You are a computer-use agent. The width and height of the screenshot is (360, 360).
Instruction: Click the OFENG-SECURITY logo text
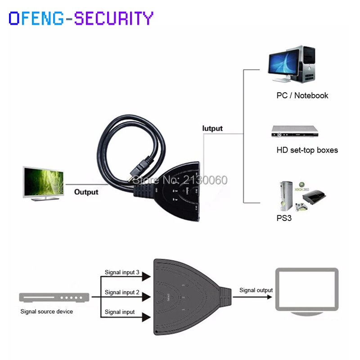tap(81, 18)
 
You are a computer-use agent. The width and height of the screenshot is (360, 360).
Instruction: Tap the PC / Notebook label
tap(302, 95)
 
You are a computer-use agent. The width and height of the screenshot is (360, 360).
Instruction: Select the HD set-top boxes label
tap(307, 150)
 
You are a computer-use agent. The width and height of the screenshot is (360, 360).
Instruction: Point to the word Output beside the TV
tap(86, 192)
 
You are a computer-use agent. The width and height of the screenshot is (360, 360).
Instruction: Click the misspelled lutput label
tap(212, 128)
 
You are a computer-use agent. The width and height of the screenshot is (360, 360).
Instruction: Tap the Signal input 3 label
tap(122, 272)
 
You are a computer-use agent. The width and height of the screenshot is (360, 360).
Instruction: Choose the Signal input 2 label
tap(122, 292)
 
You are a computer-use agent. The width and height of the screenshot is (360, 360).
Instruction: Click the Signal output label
tap(256, 290)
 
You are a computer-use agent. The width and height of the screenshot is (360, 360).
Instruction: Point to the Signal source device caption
tap(47, 311)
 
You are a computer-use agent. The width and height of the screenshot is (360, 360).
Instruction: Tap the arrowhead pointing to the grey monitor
tap(271, 297)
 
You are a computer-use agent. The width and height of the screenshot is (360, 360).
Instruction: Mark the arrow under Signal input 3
tap(145, 277)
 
